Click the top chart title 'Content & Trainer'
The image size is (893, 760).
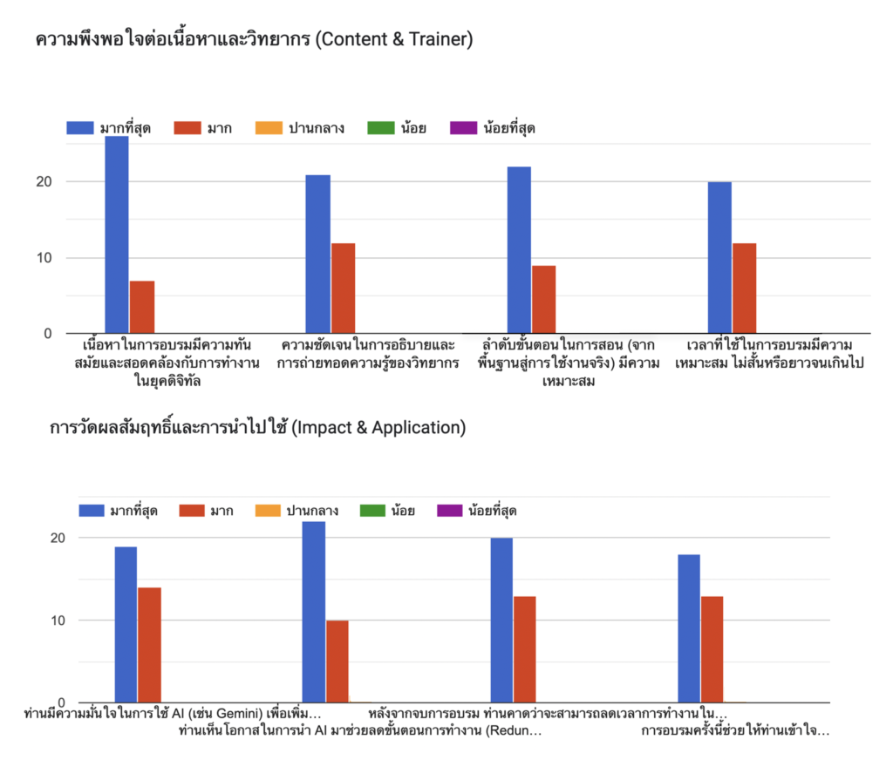254,40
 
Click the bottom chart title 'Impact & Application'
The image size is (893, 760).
258,428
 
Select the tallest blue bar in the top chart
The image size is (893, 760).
117,234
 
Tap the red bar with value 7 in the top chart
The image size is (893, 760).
142,307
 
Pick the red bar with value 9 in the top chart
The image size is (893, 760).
543,299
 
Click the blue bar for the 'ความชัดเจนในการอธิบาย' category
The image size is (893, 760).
317,254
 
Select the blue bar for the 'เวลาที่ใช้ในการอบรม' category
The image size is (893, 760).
719,257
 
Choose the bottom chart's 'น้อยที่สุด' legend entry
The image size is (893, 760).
482,511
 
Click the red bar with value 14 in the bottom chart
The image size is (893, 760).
149,645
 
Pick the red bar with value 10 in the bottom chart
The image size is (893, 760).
337,662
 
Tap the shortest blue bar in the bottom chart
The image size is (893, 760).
689,628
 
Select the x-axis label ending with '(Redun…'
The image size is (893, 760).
359,730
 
